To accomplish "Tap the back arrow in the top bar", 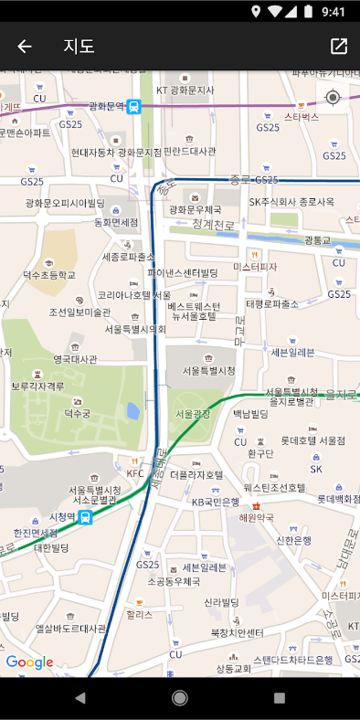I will (25, 47).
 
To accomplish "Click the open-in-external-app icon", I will (339, 47).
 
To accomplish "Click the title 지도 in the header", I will (79, 47).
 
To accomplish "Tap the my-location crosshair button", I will (333, 98).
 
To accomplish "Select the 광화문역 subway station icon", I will (135, 107).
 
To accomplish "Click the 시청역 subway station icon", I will (85, 518).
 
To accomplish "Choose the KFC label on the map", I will (135, 473).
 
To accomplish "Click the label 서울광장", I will (193, 414).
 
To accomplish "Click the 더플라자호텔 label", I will (196, 475).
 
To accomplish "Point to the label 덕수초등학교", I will (49, 274).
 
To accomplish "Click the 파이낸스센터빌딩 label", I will (184, 272).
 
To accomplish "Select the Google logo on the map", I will (29, 662).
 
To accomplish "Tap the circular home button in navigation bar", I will (180, 698).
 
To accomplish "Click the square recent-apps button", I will (280, 698).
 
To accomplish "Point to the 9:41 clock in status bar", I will (334, 12).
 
